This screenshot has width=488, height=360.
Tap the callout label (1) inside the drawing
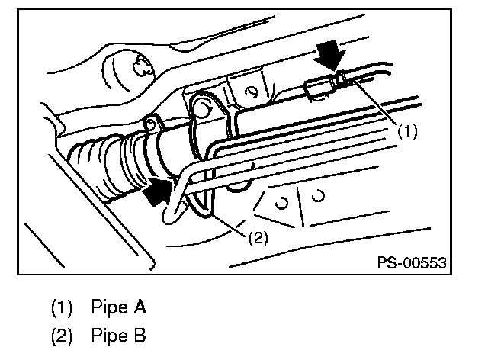click(x=408, y=130)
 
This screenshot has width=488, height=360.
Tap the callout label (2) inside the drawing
click(x=257, y=237)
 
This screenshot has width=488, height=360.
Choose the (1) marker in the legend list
click(x=62, y=309)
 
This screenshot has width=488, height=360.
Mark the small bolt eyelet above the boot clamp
click(x=152, y=121)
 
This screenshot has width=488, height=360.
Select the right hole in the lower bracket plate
click(x=319, y=194)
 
